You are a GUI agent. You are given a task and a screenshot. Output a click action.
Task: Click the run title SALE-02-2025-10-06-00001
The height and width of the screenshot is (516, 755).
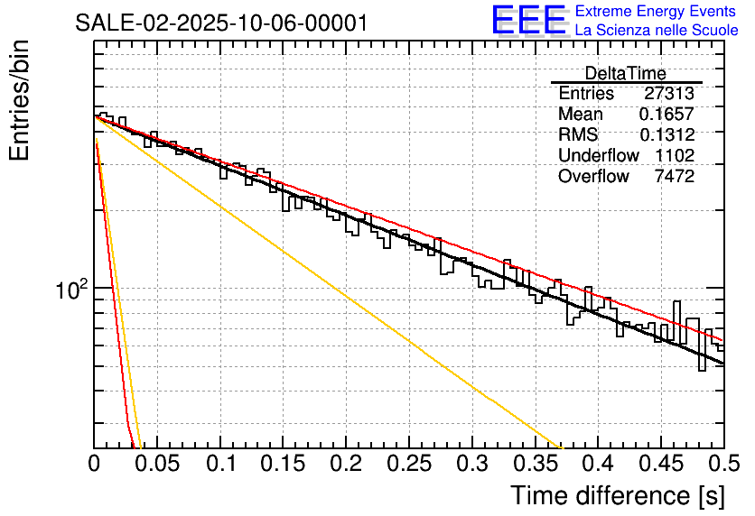click(220, 23)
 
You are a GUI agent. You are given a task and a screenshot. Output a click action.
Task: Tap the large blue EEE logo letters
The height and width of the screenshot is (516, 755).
click(528, 22)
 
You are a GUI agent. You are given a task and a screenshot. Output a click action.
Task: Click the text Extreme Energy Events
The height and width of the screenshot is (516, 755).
click(656, 12)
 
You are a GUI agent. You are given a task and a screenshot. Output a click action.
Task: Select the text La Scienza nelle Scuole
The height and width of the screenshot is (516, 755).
click(656, 31)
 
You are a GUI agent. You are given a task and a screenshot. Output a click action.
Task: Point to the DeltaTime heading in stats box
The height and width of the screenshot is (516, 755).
click(626, 74)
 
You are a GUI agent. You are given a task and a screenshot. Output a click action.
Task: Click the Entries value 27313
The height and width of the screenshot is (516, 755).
click(668, 94)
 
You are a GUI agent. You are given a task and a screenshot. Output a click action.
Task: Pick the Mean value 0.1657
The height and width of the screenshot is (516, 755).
click(666, 115)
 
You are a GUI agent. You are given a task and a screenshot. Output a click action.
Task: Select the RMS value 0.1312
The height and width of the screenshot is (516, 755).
click(666, 135)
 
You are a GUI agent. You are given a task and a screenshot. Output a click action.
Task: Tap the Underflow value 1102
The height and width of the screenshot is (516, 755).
click(674, 156)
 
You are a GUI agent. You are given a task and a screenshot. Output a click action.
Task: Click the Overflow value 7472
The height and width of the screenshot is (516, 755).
click(674, 177)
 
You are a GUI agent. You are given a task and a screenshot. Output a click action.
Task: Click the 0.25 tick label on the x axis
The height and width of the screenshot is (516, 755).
click(409, 465)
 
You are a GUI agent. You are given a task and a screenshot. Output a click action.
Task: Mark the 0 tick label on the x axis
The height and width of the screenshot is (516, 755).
click(94, 465)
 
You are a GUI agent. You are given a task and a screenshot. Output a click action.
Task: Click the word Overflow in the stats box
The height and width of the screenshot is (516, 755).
click(593, 177)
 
